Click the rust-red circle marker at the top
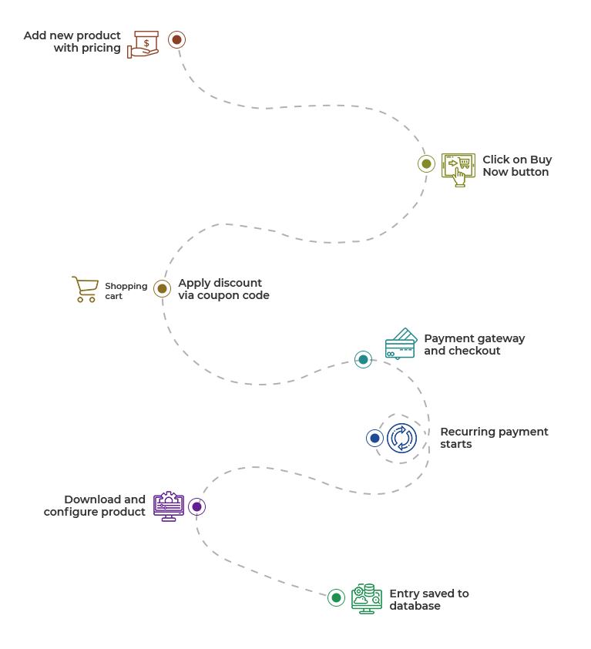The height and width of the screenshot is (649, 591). (177, 39)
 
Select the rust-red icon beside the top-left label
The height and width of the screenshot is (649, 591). (143, 45)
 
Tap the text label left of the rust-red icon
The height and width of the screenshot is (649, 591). (72, 42)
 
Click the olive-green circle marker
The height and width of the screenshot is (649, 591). (426, 163)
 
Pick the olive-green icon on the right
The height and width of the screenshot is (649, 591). (458, 169)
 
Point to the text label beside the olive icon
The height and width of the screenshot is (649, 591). (516, 166)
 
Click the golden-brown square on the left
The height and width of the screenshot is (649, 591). (86, 289)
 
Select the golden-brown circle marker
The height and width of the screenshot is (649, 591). (162, 288)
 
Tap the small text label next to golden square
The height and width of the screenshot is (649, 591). (125, 291)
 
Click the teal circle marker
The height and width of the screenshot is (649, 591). (363, 359)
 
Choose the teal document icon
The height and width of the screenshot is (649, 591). (400, 344)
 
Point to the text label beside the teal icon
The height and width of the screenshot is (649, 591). (474, 345)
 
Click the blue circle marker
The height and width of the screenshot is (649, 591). (375, 438)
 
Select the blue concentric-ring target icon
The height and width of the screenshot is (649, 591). (401, 438)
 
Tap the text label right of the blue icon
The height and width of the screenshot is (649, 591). (493, 438)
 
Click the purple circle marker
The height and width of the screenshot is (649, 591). (196, 506)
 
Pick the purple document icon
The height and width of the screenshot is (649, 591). (168, 506)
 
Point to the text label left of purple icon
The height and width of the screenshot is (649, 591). (96, 506)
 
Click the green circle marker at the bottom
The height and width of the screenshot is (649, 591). (337, 597)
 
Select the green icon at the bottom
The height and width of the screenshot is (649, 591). (368, 599)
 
